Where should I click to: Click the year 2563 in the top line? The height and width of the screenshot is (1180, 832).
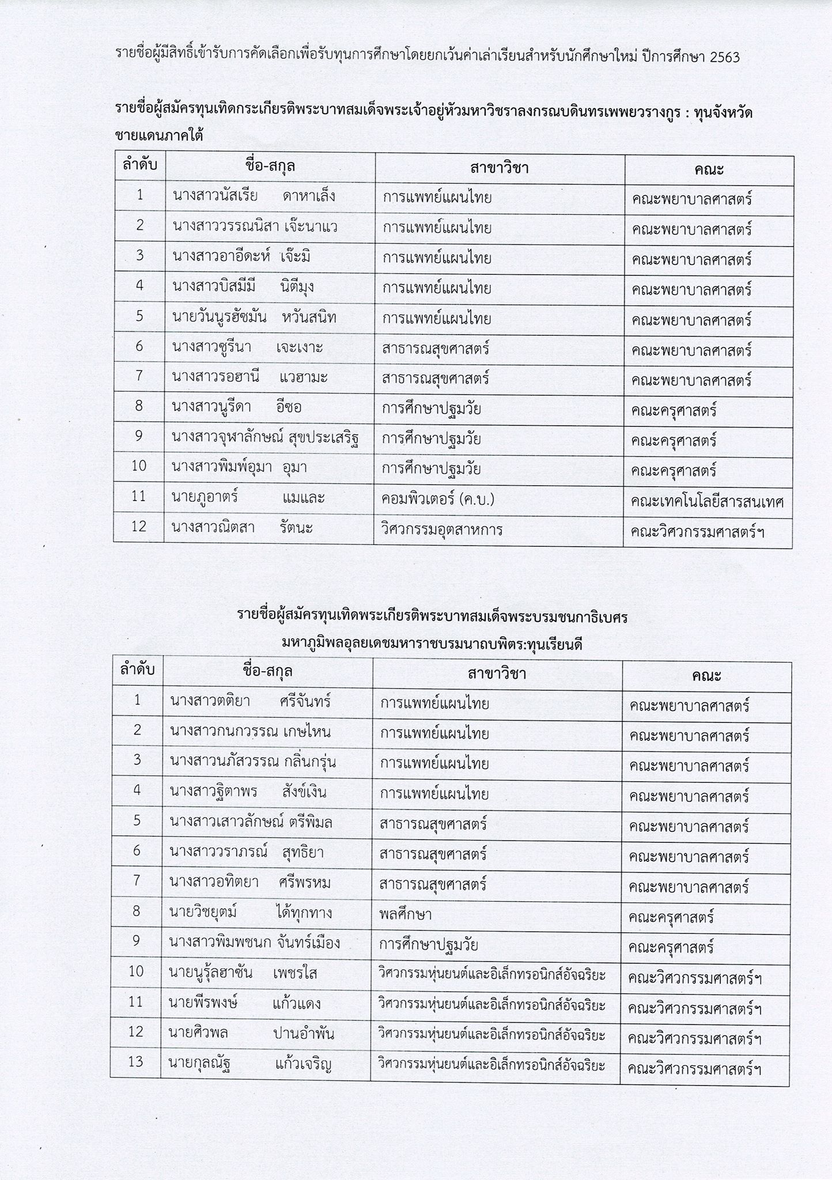[722, 58]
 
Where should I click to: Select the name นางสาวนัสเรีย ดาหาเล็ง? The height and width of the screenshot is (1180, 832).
[254, 196]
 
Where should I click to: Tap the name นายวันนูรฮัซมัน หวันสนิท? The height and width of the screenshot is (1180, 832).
[254, 317]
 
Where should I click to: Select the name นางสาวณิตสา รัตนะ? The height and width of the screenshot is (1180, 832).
[243, 527]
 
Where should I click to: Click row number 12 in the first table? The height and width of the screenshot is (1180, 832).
[139, 527]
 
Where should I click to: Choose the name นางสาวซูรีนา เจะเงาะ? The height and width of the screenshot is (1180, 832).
[247, 347]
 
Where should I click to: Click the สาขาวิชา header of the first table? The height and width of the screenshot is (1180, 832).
[499, 168]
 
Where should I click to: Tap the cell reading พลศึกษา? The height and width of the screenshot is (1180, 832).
[406, 914]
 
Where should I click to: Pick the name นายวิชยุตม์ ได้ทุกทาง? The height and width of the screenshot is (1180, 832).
[251, 913]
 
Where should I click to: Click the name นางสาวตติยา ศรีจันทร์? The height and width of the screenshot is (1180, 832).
[250, 701]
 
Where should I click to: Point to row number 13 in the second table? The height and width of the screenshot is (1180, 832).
[136, 1061]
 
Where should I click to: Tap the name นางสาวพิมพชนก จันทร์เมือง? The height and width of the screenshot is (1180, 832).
[255, 943]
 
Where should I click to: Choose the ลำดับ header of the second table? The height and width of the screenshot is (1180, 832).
[137, 671]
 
